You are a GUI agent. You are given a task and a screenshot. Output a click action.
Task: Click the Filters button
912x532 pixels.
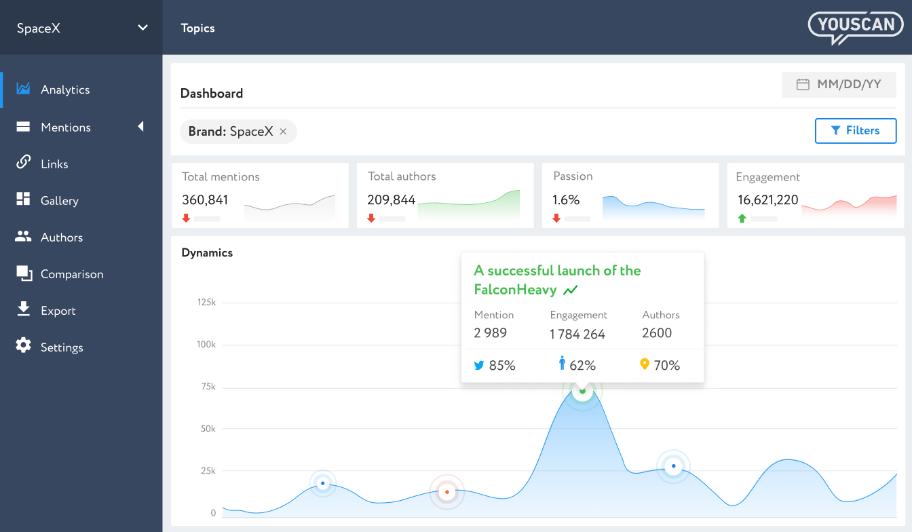[855, 131]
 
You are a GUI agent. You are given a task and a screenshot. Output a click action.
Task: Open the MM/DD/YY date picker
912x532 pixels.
[839, 85]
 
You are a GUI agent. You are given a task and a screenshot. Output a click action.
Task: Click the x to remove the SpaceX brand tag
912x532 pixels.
[283, 132]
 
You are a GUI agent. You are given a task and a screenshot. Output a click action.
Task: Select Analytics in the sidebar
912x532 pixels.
[64, 90]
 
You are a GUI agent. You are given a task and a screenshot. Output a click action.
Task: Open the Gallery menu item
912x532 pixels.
[59, 201]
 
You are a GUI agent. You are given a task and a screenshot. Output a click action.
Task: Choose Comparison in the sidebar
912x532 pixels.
[71, 274]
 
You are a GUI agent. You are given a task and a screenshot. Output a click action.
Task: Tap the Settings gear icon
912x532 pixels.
[24, 345]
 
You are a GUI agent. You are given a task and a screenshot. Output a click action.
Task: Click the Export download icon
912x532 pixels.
[24, 309]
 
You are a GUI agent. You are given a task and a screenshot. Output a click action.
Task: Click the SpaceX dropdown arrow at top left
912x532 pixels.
[142, 28]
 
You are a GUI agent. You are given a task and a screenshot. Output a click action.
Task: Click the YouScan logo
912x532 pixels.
[856, 27]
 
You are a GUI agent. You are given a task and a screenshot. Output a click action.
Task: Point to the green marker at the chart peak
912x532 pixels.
[582, 391]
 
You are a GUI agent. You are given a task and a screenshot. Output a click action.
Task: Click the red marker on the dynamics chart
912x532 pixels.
[446, 492]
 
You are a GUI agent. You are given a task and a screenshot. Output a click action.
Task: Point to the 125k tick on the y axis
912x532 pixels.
[206, 303]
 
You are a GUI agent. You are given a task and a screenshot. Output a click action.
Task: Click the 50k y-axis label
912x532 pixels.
[206, 429]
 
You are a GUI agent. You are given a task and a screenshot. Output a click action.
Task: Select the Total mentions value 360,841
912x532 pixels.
[205, 200]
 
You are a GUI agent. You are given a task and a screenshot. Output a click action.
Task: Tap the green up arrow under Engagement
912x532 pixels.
[742, 218]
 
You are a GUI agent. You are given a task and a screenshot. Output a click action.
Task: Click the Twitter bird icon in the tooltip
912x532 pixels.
[479, 365]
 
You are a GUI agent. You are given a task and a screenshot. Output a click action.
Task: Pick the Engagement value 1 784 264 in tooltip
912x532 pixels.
[577, 334]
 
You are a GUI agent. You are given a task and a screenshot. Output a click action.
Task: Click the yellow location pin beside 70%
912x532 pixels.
[645, 364]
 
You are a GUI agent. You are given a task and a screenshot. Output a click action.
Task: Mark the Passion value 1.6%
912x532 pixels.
[566, 200]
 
